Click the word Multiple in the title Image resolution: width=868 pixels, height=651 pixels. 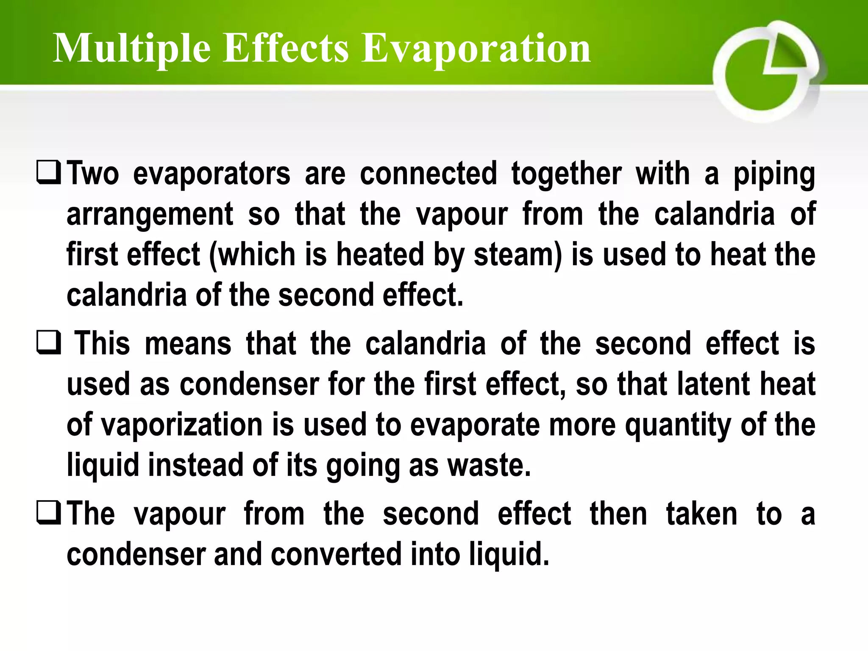tap(131, 49)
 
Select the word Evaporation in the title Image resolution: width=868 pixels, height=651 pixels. tap(476, 49)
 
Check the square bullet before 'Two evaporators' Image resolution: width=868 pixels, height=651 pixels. tap(49, 173)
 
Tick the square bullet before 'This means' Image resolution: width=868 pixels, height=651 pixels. tap(49, 343)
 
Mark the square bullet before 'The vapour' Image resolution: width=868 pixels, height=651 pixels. tap(49, 513)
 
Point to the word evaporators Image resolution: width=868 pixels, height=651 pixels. tap(211, 174)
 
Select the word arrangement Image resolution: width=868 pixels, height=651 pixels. tap(150, 214)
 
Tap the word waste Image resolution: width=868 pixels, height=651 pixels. tap(489, 465)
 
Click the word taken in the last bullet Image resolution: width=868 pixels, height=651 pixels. tap(701, 514)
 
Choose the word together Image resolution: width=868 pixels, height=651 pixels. tap(566, 174)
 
